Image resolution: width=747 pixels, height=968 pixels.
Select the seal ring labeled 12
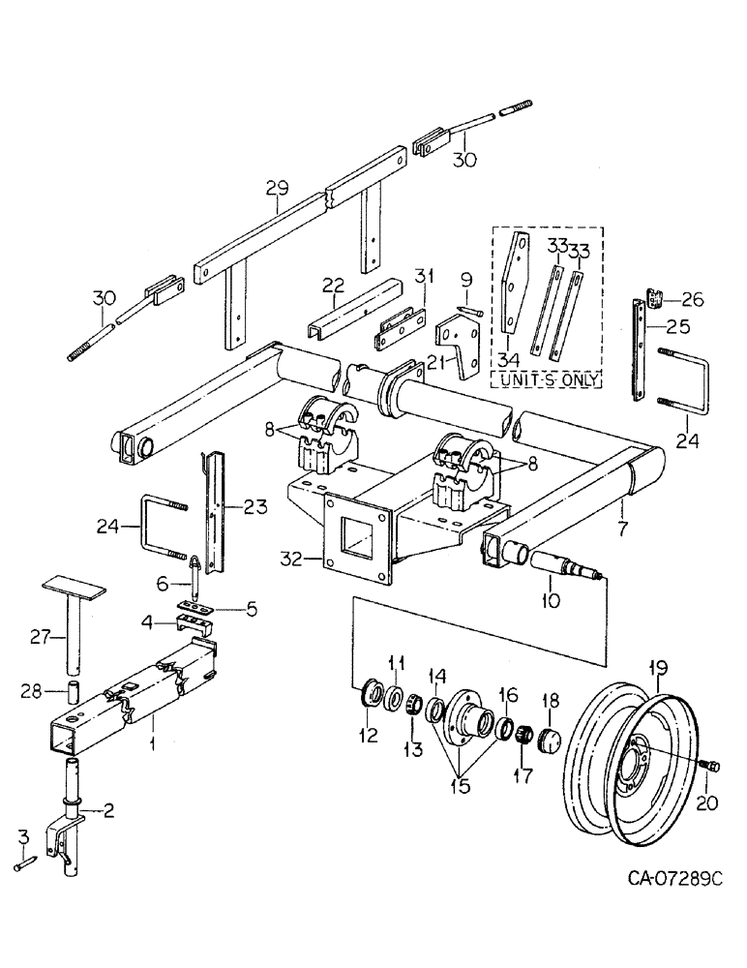[x=369, y=699]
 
